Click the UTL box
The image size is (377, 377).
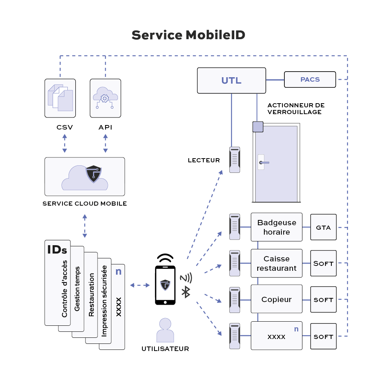pos(231,80)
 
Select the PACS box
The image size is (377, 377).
pos(310,79)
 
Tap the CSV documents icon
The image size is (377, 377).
pos(60,98)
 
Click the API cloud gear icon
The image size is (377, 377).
pos(105,98)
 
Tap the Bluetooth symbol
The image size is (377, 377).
pos(185,292)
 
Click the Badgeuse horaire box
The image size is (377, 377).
pos(276,227)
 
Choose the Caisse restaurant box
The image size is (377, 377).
pos(276,263)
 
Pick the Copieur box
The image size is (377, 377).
pos(276,299)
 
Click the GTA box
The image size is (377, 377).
pos(323,227)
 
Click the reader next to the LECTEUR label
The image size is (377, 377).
pos(235,160)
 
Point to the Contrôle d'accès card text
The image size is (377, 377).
pos(64,288)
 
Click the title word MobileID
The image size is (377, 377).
pos(215,35)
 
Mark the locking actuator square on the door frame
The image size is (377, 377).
pos(258,127)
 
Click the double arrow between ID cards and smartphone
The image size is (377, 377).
pos(140,285)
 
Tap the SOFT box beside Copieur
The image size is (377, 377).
pos(323,299)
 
